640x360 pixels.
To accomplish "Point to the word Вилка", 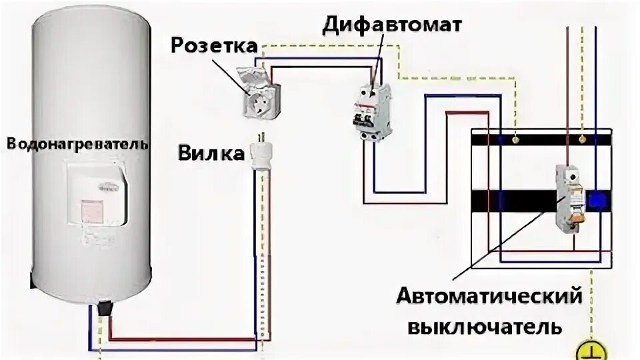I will [211, 153].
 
